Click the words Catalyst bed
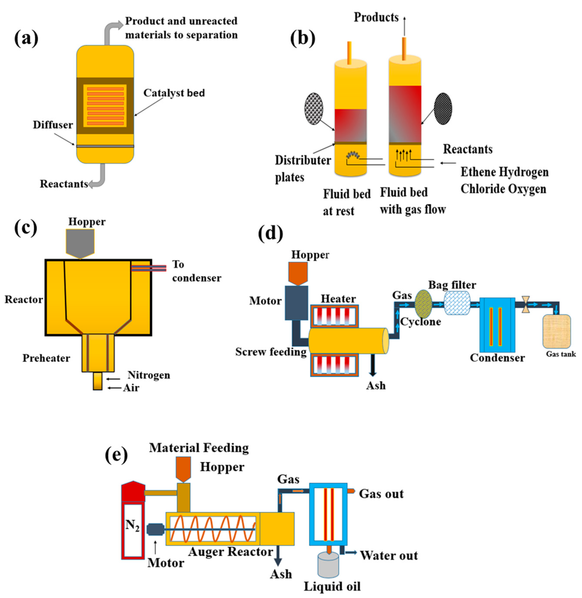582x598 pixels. click(x=174, y=93)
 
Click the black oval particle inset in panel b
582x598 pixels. click(x=443, y=109)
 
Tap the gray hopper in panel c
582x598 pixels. click(x=80, y=243)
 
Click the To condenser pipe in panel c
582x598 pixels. click(x=149, y=268)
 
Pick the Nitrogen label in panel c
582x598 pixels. click(x=149, y=375)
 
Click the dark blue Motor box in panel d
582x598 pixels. click(x=296, y=303)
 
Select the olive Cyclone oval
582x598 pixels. click(x=423, y=304)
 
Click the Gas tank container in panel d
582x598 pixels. click(x=556, y=331)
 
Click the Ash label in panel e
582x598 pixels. click(x=281, y=574)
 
